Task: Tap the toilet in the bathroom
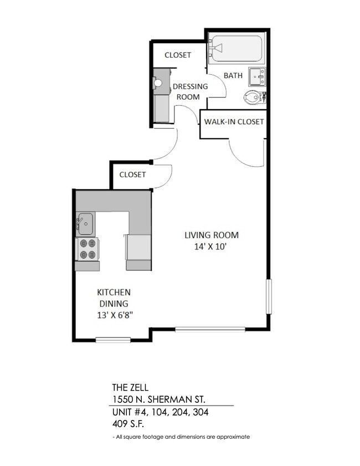coord(254,98)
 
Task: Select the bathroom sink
coord(257,76)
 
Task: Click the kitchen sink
coord(85,223)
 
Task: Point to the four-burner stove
coord(87,249)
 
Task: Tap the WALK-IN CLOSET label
coord(234,121)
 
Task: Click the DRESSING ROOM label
coord(190,91)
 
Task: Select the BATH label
coord(233,75)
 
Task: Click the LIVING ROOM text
coord(212,235)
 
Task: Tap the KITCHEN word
coord(114,292)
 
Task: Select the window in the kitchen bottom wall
coord(113,340)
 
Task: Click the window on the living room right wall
coord(269,296)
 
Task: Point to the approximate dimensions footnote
coord(181,437)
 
